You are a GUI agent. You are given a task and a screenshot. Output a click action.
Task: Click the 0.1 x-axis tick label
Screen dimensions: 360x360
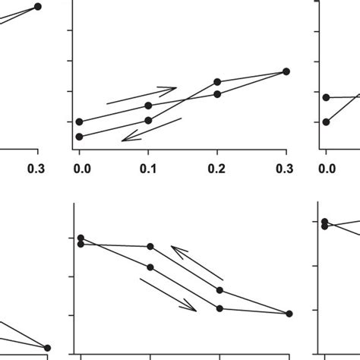[148, 168]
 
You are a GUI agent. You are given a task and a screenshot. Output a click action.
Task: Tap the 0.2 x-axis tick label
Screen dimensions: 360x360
[217, 168]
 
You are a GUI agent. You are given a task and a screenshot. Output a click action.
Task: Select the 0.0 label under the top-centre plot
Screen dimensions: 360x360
[79, 168]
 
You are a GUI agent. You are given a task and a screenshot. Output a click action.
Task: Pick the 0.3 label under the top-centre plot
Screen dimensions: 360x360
[286, 168]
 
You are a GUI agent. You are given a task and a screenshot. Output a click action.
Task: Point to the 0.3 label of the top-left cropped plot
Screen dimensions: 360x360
[36, 168]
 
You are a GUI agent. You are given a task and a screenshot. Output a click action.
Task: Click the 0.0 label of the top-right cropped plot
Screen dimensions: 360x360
[327, 168]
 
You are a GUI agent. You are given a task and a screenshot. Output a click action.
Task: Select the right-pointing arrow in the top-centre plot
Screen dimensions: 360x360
[142, 94]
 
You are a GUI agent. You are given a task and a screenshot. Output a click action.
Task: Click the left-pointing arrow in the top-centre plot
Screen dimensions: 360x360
[152, 129]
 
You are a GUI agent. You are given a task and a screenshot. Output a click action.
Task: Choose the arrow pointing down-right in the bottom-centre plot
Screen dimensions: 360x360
[169, 294]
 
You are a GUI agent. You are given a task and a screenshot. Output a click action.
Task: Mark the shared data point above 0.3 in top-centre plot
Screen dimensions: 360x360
[286, 71]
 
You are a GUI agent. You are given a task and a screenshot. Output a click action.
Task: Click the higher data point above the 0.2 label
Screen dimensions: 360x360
[217, 81]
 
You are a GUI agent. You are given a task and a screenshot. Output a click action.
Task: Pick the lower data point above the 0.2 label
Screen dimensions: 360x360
[217, 93]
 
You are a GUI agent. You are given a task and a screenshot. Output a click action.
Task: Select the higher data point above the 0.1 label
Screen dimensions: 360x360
[149, 106]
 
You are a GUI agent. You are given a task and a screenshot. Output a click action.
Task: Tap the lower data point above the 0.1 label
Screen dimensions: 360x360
[149, 120]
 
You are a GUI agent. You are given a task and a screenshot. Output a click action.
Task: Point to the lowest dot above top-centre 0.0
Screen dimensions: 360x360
[79, 136]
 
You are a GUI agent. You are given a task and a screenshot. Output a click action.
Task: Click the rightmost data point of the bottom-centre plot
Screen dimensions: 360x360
[290, 313]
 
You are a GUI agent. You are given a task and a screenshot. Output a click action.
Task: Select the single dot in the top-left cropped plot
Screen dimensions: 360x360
[38, 6]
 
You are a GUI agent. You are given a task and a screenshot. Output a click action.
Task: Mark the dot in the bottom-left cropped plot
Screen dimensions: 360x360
[48, 348]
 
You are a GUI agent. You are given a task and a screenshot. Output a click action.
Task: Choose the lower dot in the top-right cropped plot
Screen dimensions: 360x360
[326, 122]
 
